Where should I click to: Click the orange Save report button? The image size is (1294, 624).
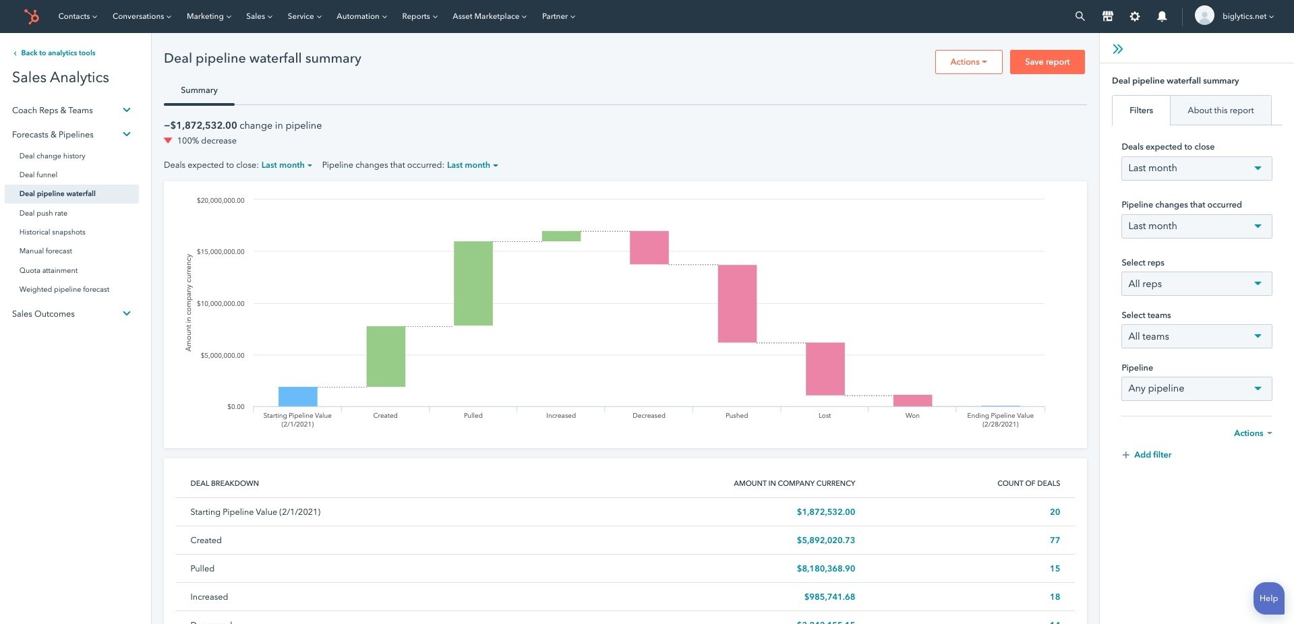(1047, 62)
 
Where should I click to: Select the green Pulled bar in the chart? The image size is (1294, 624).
(473, 283)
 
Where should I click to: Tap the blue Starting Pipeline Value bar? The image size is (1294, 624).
(297, 396)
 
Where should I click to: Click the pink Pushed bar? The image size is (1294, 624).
(737, 303)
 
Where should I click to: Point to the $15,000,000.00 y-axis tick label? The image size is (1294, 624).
(220, 252)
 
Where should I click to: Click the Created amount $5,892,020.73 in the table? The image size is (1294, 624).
(825, 540)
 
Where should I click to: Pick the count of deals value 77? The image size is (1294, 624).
(1055, 540)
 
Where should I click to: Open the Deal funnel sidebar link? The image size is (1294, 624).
(38, 175)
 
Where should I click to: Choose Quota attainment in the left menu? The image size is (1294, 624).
(49, 270)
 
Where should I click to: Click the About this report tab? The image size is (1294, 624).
(1220, 111)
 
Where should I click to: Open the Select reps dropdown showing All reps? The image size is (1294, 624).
(1196, 284)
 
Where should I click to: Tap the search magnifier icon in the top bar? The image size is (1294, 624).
(1080, 16)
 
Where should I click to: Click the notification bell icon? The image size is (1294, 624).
(1161, 16)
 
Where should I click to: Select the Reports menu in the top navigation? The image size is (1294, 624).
(419, 16)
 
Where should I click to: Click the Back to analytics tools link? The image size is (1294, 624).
(57, 53)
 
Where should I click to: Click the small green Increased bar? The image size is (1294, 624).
(561, 236)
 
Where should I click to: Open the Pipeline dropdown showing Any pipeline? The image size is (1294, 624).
(1196, 389)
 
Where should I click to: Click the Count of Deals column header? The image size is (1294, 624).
(1028, 483)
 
